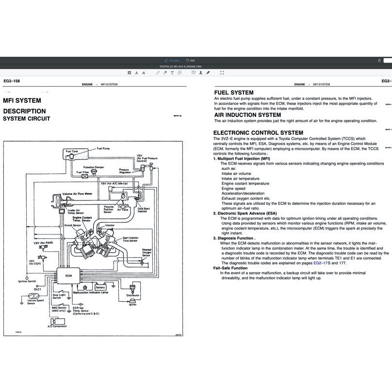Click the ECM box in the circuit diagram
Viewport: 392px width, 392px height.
(68, 275)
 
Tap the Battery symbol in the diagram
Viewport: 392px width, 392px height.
(101, 287)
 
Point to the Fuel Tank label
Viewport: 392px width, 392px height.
(72, 151)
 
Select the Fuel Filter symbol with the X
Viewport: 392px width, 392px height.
(85, 176)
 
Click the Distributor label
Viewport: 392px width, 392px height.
(132, 295)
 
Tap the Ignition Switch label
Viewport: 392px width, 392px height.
(27, 281)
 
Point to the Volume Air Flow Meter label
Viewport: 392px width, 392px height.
(78, 194)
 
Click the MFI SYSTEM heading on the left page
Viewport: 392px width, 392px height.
(22, 101)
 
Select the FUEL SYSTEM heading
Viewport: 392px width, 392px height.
(233, 93)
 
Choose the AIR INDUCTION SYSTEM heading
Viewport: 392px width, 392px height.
(247, 115)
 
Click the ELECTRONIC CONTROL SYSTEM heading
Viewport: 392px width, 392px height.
(258, 132)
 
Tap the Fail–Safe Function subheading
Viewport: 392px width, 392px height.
(230, 268)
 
